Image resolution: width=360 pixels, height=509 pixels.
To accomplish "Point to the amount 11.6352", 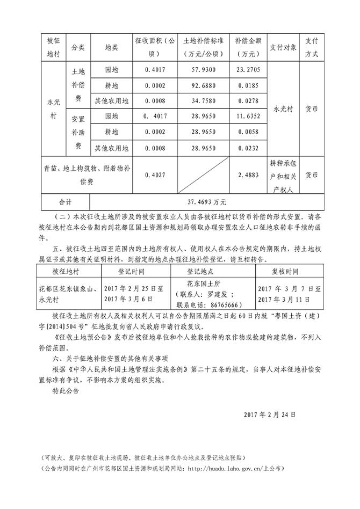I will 248,116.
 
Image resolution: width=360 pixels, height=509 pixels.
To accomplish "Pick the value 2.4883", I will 248,175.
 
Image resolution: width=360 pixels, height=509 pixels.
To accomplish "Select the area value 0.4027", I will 155,175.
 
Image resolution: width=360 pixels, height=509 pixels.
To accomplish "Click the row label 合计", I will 65,202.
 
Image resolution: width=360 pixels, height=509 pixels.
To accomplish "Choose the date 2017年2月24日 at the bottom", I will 270,415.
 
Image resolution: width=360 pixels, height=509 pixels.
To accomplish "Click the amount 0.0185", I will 248,85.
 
